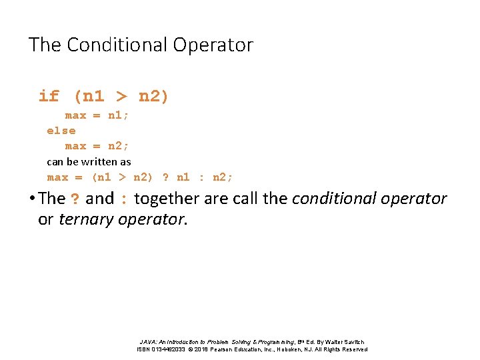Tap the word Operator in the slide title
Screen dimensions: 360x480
[x=213, y=45]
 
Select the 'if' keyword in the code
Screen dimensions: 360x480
[x=49, y=96]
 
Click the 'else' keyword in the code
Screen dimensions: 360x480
[x=61, y=131]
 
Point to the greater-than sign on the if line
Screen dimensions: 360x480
[x=121, y=96]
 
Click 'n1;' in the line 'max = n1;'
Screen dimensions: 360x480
[x=119, y=115]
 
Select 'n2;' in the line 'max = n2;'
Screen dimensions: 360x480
[x=119, y=146]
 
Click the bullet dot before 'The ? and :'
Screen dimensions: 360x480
[x=32, y=199]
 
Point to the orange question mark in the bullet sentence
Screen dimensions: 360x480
[x=76, y=199]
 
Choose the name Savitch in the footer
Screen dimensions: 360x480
[x=353, y=341]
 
